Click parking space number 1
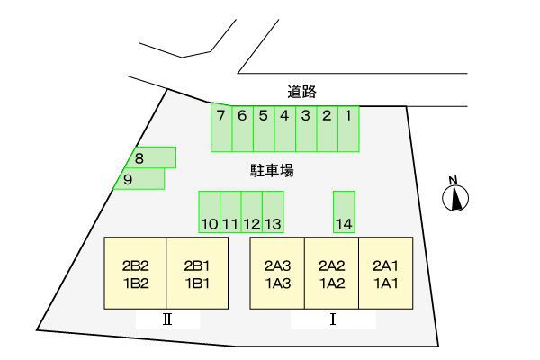click(348, 127)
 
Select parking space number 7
click(221, 127)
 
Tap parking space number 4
click(284, 127)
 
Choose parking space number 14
click(344, 211)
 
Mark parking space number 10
click(210, 212)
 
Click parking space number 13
click(274, 212)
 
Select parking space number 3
click(306, 127)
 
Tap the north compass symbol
click(456, 195)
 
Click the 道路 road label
click(302, 91)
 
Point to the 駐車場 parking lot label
click(272, 169)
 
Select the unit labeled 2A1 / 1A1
click(386, 274)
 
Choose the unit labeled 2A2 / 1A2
click(332, 274)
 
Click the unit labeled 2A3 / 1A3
click(277, 274)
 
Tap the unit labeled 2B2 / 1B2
click(136, 274)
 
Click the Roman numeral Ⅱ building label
click(166, 319)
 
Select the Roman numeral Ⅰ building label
click(333, 319)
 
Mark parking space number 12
click(252, 212)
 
